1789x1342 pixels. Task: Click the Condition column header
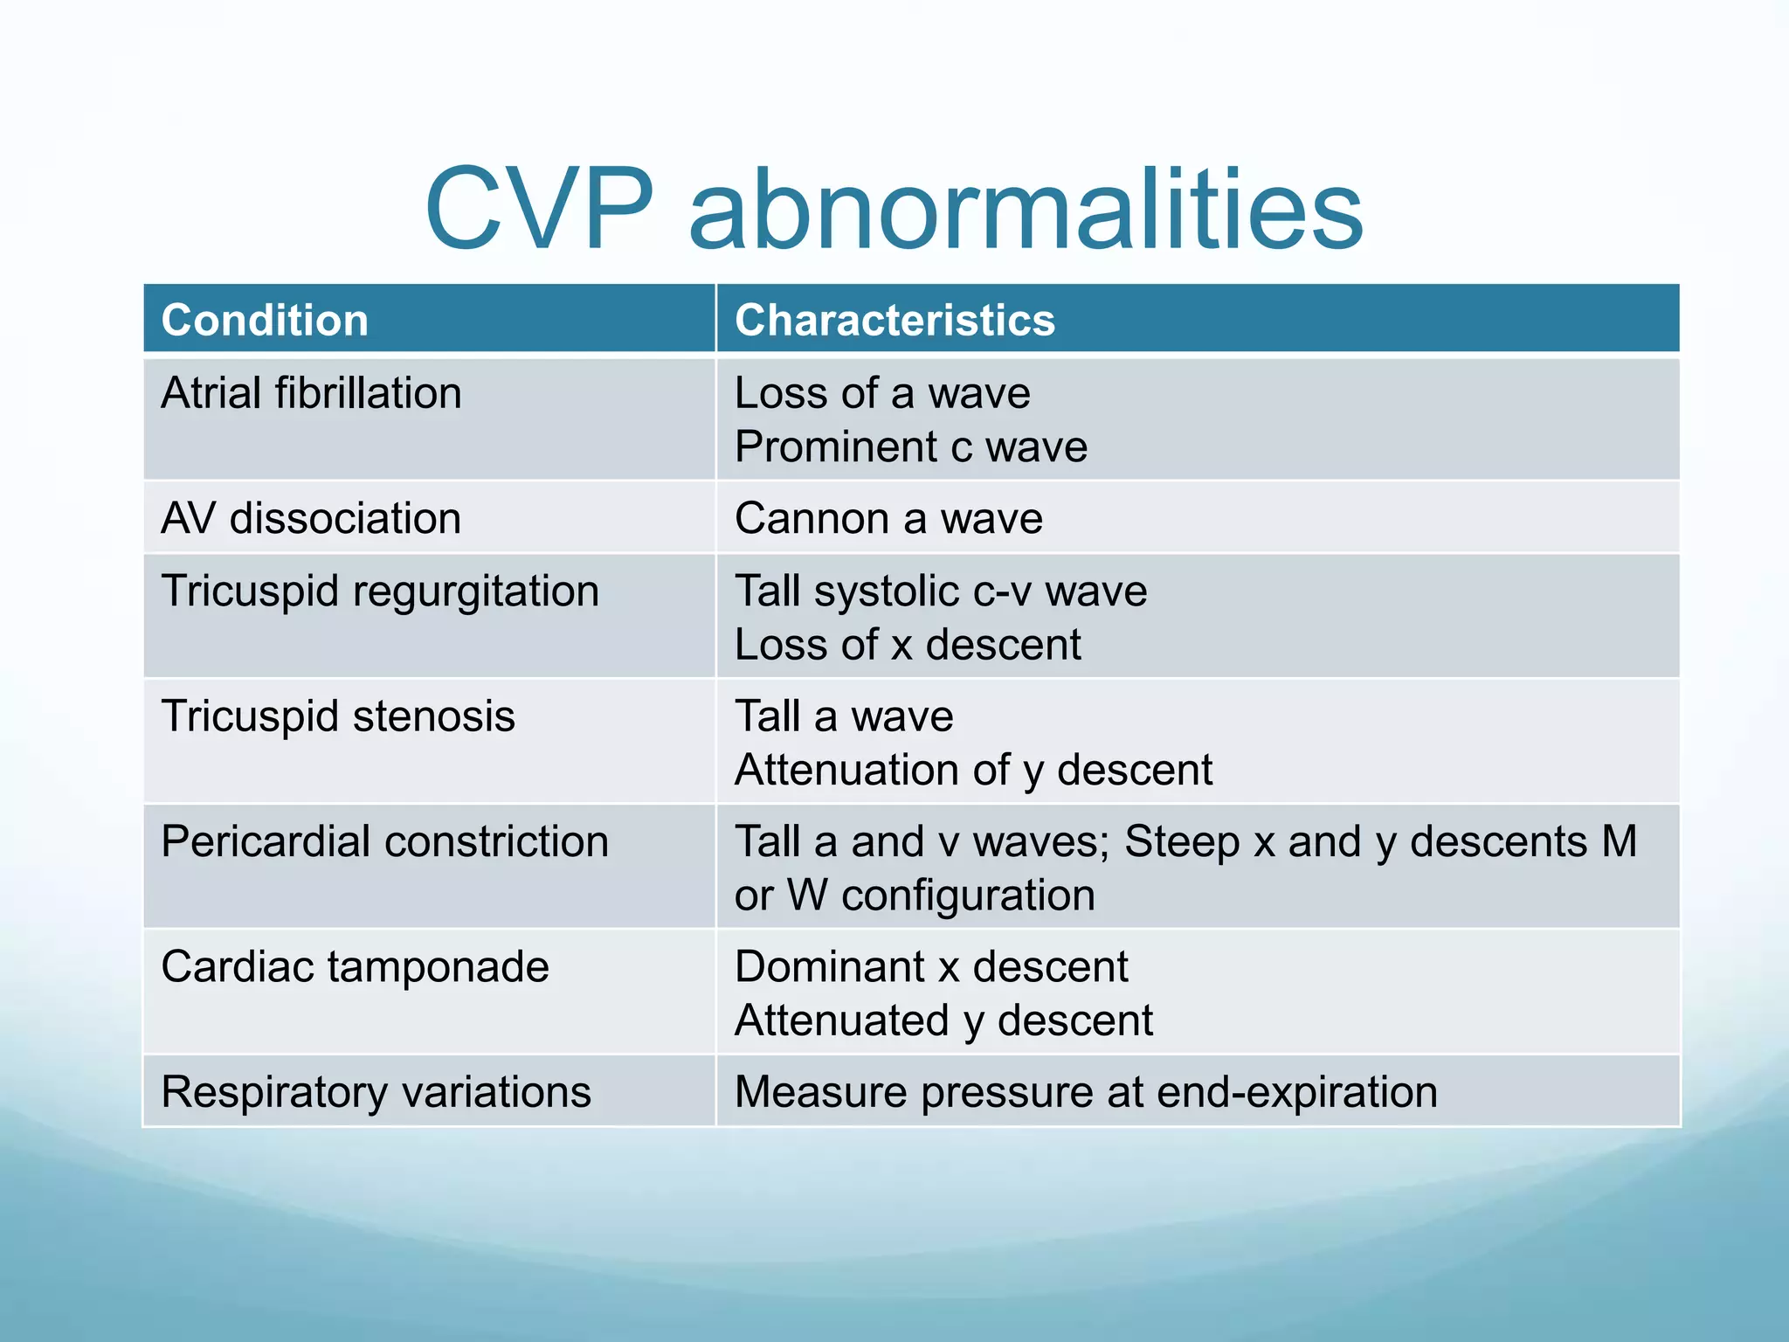click(265, 320)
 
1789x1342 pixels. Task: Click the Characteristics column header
click(894, 320)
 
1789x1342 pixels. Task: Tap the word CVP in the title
click(539, 210)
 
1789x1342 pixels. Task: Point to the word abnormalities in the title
click(1026, 210)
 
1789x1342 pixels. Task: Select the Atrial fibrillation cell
click(311, 393)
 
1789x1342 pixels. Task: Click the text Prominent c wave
click(911, 447)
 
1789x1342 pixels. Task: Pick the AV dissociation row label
click(311, 518)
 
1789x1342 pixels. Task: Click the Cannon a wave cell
click(888, 518)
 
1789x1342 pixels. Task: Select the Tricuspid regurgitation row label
click(380, 591)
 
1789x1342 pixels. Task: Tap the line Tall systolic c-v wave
click(941, 591)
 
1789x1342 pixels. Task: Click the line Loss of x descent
click(908, 645)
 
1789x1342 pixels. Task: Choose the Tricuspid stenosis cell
click(338, 716)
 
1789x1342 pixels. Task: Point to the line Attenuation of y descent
click(973, 771)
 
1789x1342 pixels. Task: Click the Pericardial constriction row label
click(384, 841)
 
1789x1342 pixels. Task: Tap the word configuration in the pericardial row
click(968, 896)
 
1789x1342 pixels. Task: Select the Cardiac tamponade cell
click(355, 967)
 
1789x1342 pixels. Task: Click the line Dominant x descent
click(931, 967)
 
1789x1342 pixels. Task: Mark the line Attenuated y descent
click(943, 1020)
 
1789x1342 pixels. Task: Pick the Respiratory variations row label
click(376, 1092)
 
